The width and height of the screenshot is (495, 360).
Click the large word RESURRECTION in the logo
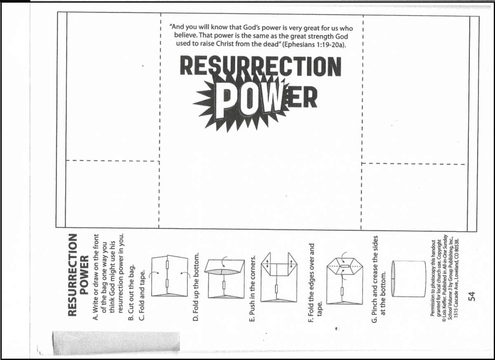tap(261, 66)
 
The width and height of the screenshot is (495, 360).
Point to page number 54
tap(471, 296)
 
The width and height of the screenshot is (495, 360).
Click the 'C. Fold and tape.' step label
tap(141, 295)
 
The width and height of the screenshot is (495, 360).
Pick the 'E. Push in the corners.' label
tap(252, 288)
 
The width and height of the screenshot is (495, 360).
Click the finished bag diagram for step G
tap(409, 279)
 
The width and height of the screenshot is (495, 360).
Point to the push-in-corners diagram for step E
tap(279, 277)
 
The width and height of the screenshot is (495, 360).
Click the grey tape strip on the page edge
tap(116, 343)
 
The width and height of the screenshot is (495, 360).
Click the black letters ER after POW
tap(302, 97)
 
